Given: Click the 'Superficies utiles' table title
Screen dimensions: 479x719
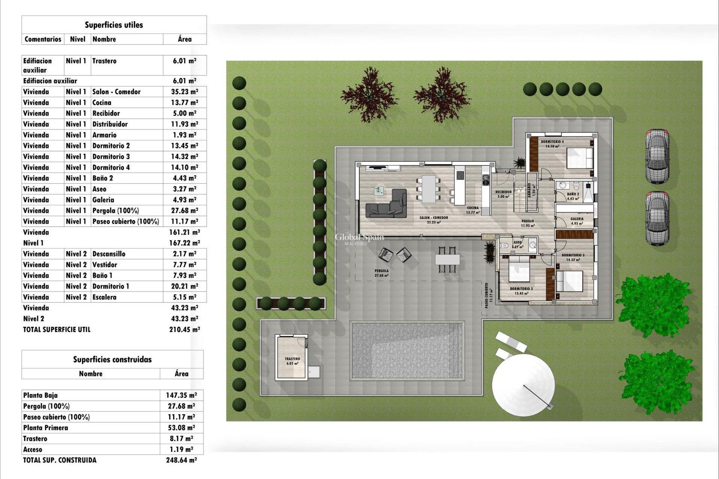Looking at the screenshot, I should pyautogui.click(x=114, y=25).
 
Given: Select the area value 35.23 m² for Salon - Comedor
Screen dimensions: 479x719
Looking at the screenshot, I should pyautogui.click(x=185, y=92).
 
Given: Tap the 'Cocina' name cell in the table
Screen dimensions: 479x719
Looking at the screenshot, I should pyautogui.click(x=102, y=103).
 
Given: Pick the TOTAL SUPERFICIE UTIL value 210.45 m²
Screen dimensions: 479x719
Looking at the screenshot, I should pyautogui.click(x=185, y=330).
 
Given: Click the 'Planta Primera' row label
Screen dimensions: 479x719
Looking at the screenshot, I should pyautogui.click(x=46, y=428).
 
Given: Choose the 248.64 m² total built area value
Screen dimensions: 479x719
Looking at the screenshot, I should pyautogui.click(x=181, y=460).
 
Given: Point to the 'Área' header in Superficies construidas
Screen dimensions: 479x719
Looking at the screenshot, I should pyautogui.click(x=181, y=373).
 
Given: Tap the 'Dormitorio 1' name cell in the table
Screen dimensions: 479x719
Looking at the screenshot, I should pyautogui.click(x=111, y=286).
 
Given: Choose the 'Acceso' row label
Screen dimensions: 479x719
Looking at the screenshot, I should pyautogui.click(x=33, y=449).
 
